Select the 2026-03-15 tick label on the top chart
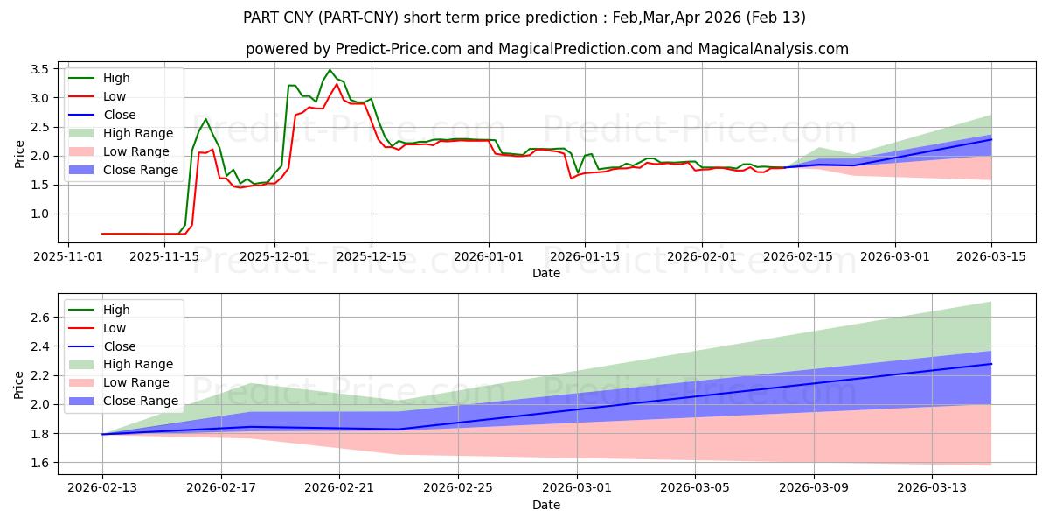[x=991, y=256]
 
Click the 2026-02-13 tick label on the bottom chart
[x=102, y=488]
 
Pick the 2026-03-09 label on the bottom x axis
[x=814, y=488]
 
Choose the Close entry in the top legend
[x=119, y=115]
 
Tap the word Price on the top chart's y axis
[x=19, y=153]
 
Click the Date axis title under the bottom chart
[x=546, y=505]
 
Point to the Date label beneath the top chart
[x=546, y=273]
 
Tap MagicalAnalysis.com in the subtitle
[x=767, y=49]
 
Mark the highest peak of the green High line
[x=330, y=70]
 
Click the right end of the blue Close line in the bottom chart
[x=991, y=363]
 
